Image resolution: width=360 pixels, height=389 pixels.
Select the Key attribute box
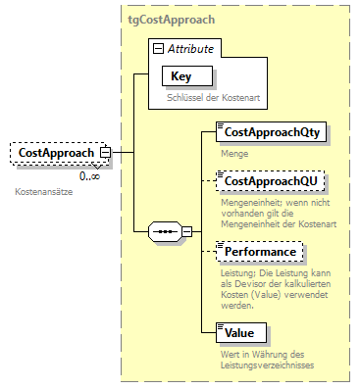(x=180, y=76)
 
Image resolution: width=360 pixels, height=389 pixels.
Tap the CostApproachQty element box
(x=260, y=131)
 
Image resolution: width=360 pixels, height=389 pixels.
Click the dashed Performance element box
(x=254, y=252)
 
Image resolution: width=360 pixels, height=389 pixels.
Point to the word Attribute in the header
(x=192, y=47)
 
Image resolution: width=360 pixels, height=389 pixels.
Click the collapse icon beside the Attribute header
(x=156, y=47)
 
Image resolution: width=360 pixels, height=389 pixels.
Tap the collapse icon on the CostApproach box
(x=104, y=153)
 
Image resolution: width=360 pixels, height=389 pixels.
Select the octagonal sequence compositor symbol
(x=164, y=233)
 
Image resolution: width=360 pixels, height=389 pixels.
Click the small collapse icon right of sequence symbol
(x=187, y=233)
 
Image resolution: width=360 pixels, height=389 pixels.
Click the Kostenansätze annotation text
(x=44, y=191)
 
